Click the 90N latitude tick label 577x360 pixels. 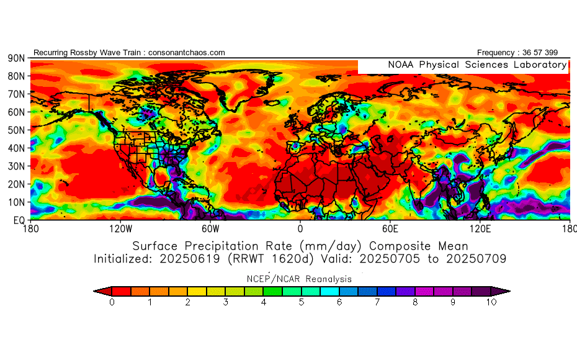[x=16, y=58]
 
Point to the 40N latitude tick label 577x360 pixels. [x=16, y=148]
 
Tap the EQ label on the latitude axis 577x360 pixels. [x=18, y=220]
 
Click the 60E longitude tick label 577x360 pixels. [x=390, y=229]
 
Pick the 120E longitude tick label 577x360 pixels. [x=480, y=229]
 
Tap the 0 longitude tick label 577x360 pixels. [x=300, y=229]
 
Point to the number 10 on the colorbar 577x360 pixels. [x=491, y=302]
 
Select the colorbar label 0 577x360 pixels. [x=112, y=302]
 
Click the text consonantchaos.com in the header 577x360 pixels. [x=187, y=53]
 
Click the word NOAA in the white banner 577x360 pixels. [x=401, y=65]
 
